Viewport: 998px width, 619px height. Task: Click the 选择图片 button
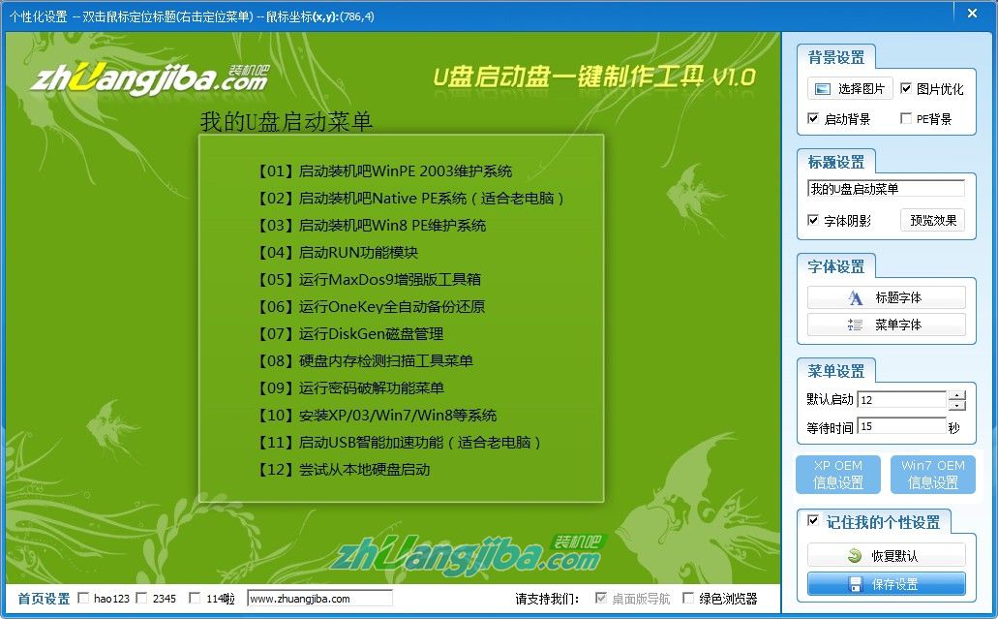pos(850,88)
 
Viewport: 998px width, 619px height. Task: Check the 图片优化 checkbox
pos(906,88)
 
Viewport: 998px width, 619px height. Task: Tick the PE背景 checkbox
pos(906,119)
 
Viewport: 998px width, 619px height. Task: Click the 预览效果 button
pos(932,220)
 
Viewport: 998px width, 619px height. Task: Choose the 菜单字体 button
pos(886,325)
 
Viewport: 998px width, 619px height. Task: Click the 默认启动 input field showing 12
pos(900,400)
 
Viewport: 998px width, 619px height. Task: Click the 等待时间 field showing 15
pos(900,426)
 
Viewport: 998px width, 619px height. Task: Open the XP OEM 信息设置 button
pos(837,475)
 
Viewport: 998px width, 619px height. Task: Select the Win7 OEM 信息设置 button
pos(932,475)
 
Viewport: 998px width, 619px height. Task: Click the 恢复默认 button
pos(886,556)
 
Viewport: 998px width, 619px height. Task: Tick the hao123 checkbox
pos(83,599)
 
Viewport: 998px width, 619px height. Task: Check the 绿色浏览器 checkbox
pos(688,599)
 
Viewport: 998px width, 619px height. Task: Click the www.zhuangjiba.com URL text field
pos(319,599)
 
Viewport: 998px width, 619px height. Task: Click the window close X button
pos(970,12)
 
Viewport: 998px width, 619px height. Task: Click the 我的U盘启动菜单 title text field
pos(886,189)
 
